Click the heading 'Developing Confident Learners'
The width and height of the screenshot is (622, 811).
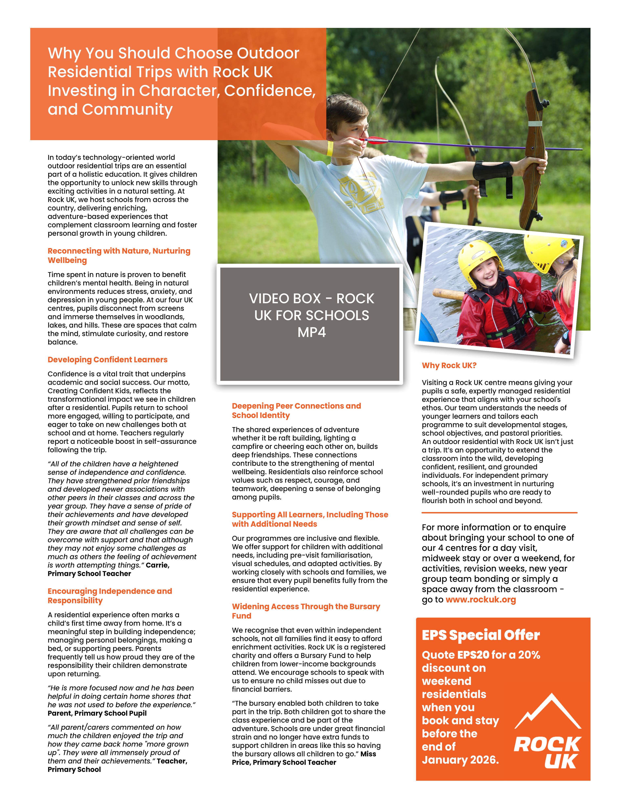[x=107, y=359]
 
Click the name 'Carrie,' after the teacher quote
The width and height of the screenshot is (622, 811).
[x=158, y=565]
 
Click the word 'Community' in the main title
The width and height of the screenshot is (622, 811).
[x=127, y=110]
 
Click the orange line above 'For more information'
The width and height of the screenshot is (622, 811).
[x=499, y=513]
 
